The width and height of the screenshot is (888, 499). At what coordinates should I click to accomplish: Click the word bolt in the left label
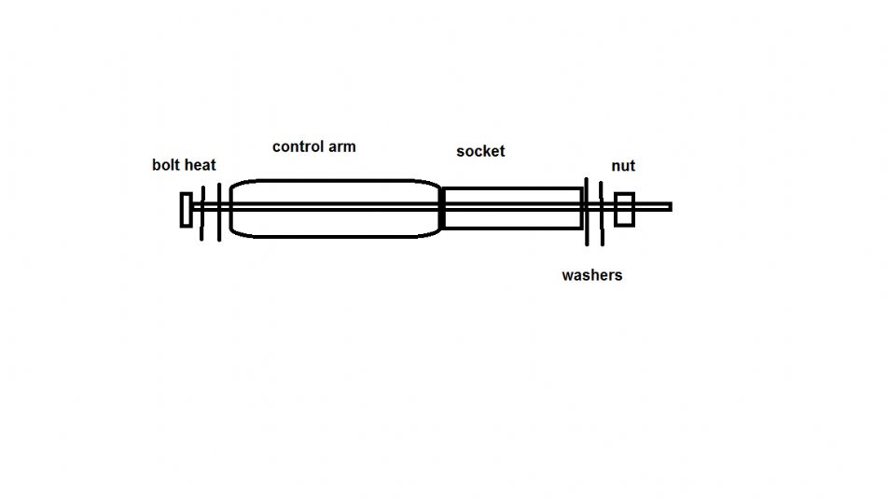[164, 165]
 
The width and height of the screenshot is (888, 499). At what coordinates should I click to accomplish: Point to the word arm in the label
[341, 146]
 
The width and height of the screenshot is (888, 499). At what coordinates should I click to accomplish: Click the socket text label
[480, 151]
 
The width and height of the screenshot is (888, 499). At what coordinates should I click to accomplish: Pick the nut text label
[623, 166]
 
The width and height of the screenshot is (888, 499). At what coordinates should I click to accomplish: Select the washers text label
[591, 275]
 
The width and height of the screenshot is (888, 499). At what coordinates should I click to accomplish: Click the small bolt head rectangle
[186, 210]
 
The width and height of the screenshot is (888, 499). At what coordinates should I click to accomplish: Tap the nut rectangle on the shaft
[624, 210]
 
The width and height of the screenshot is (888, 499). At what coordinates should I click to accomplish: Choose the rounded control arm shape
[335, 181]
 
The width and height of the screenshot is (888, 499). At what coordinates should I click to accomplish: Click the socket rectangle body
[512, 188]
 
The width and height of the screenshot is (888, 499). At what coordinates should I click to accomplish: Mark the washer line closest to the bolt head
[202, 214]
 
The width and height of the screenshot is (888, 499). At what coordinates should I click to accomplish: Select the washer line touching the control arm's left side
[219, 212]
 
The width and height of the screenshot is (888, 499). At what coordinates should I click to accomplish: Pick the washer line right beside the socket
[587, 212]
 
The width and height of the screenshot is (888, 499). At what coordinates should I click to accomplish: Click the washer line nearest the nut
[602, 214]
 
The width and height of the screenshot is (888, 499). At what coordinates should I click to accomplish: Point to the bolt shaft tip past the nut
[671, 207]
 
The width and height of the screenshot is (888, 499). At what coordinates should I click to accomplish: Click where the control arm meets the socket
[442, 208]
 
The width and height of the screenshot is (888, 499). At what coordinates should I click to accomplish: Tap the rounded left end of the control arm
[230, 208]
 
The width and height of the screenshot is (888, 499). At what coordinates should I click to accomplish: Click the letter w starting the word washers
[567, 276]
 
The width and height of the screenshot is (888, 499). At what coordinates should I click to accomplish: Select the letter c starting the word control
[276, 147]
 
